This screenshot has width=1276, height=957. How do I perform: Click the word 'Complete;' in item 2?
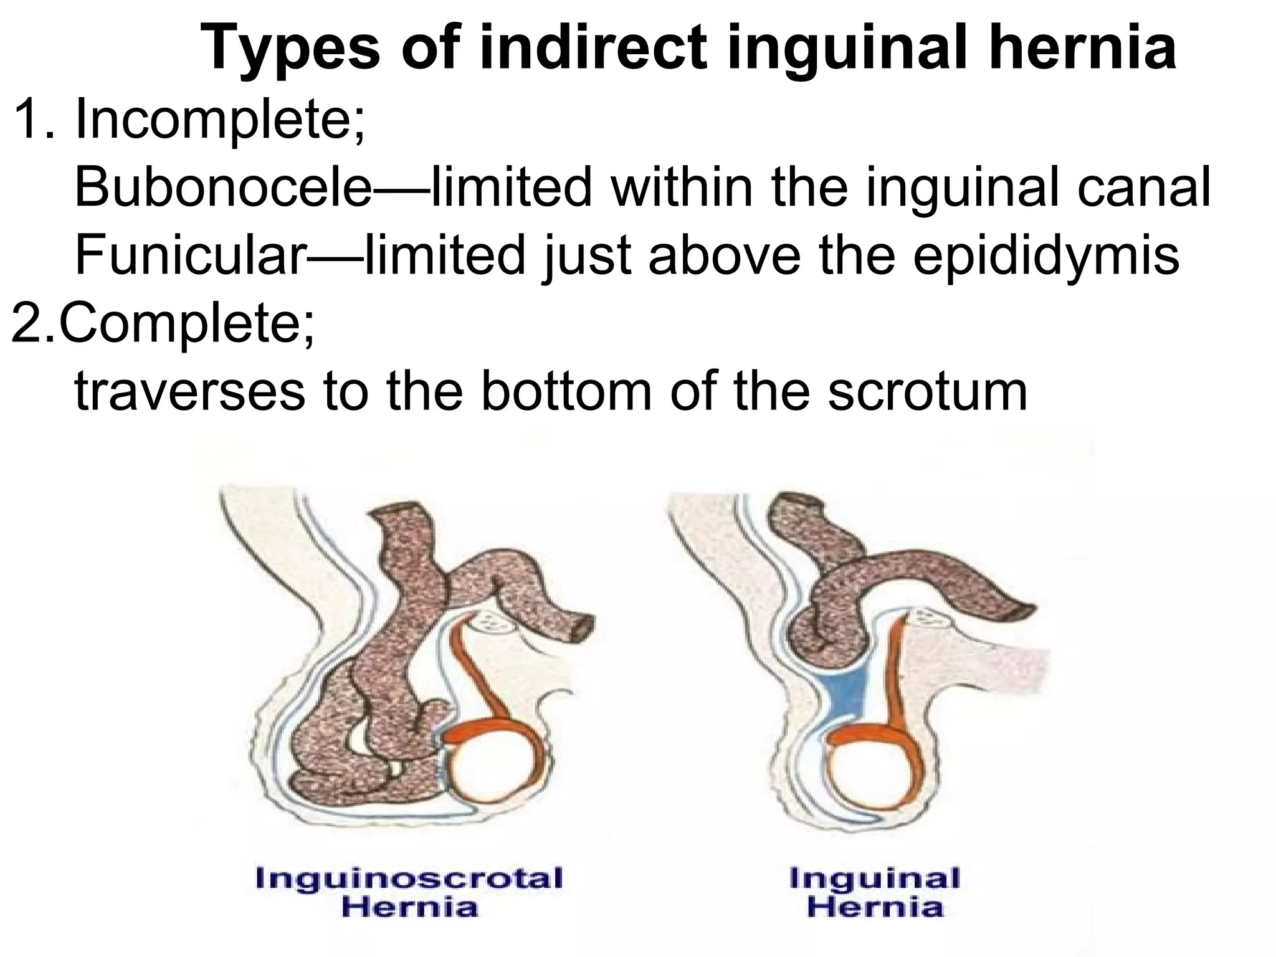[186, 325]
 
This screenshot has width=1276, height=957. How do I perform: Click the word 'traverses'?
[190, 393]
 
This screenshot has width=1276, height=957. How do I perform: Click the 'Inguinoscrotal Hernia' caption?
[409, 892]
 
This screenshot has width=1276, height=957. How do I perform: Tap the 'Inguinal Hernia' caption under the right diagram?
[875, 892]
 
